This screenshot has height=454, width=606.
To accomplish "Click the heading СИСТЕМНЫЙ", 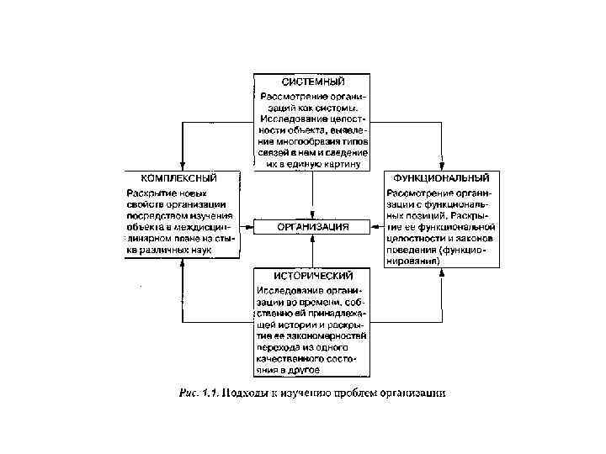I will (312, 82).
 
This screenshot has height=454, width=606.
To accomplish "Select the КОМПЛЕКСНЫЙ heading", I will (178, 178).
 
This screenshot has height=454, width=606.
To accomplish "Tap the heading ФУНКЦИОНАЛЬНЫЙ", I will (442, 178).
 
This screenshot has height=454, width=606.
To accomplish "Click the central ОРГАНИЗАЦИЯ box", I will (313, 227).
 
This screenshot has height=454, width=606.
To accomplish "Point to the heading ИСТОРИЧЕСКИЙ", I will (312, 276).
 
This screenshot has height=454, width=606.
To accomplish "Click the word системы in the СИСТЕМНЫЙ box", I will (337, 106).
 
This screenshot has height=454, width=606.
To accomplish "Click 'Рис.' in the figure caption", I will (192, 392).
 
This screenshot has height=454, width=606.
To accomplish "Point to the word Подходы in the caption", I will (251, 392).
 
